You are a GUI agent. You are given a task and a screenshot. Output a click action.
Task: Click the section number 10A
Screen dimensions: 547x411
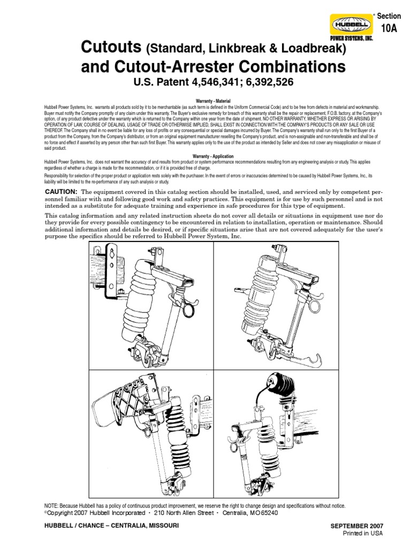[x=390, y=30]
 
